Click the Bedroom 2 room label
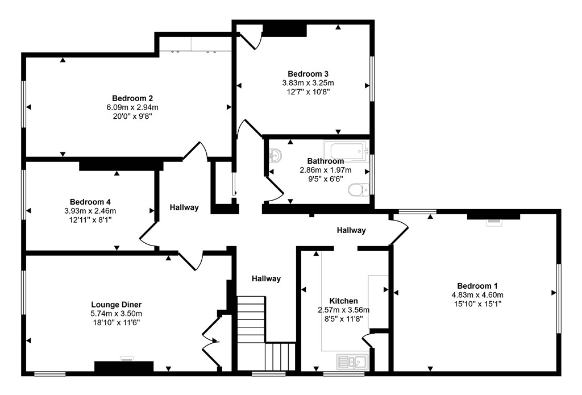(132, 98)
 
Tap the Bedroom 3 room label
(308, 74)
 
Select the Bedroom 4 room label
(90, 202)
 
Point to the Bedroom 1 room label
(477, 286)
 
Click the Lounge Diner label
(116, 305)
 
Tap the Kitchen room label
(344, 301)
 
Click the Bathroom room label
(326, 161)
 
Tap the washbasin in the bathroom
(275, 154)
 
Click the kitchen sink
(352, 362)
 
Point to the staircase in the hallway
(266, 333)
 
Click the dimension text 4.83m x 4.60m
(477, 295)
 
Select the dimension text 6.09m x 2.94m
(132, 107)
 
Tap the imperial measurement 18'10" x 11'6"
(117, 323)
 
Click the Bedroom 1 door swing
(400, 231)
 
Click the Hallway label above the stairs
(266, 279)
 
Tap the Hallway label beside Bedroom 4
(184, 207)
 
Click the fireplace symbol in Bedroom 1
(493, 222)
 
